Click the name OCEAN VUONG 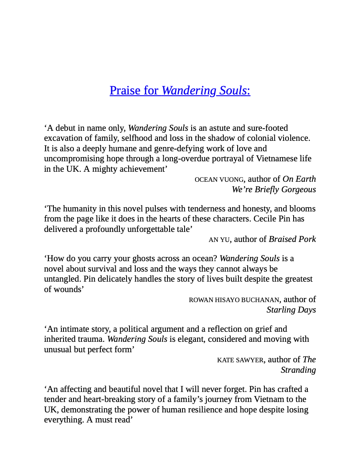(x=219, y=180)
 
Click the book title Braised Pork (x=292, y=239)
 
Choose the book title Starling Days (x=291, y=310)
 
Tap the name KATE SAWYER (x=240, y=360)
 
